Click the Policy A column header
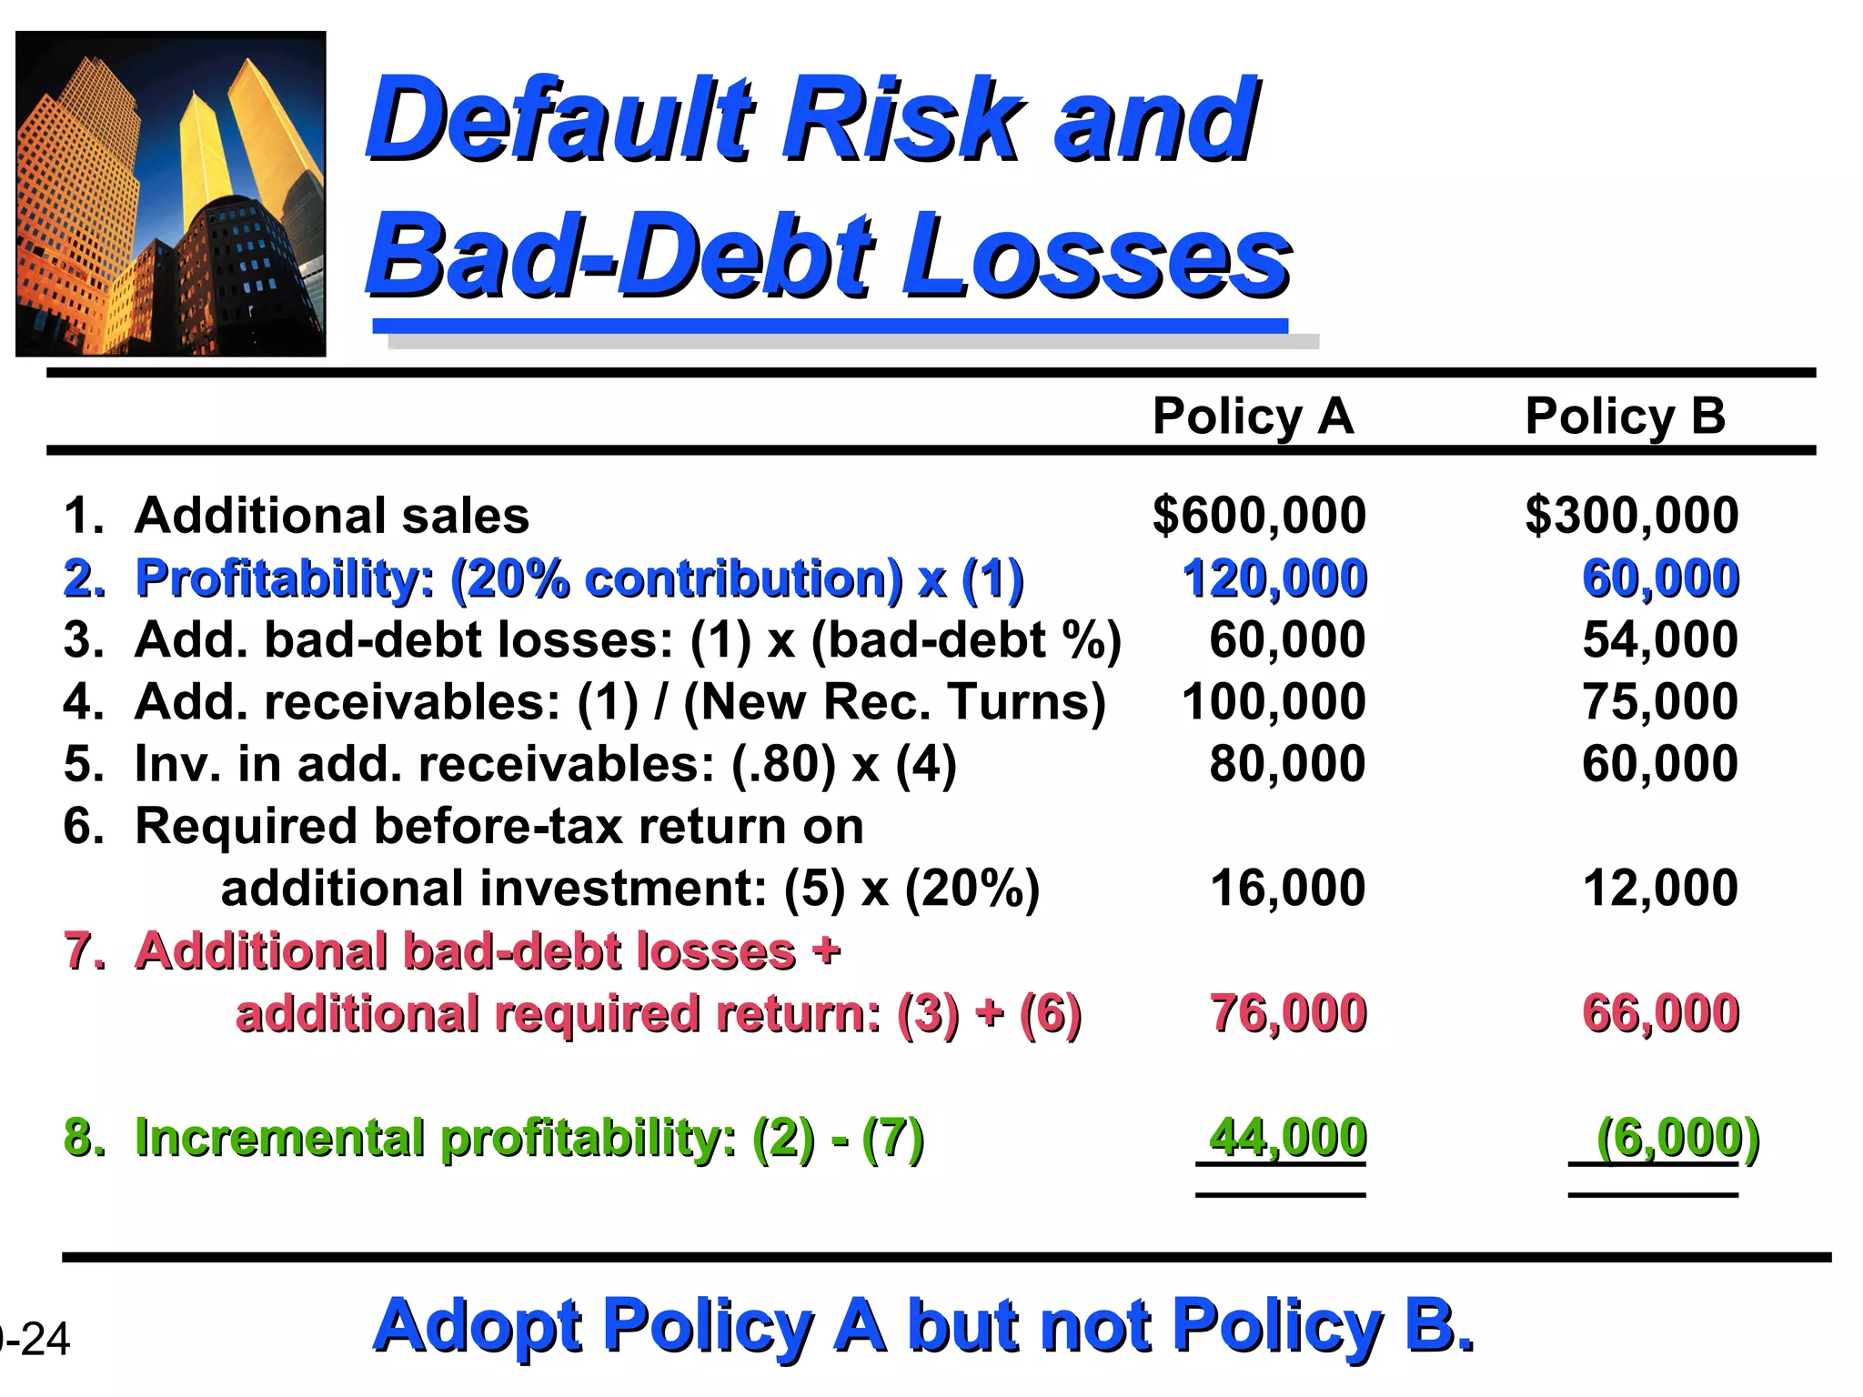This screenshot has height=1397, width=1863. [x=1253, y=417]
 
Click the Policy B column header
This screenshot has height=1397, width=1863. [x=1625, y=417]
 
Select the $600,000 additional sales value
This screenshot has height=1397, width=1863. [x=1259, y=515]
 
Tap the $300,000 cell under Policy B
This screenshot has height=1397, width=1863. [x=1632, y=515]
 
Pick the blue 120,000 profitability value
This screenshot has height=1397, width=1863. [x=1274, y=578]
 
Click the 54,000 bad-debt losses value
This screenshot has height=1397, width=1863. [x=1660, y=639]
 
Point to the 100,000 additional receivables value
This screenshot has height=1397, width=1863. [x=1274, y=702]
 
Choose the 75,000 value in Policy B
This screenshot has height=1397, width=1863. [x=1660, y=702]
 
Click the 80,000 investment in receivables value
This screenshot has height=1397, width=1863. [x=1287, y=764]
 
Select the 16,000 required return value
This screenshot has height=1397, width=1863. [x=1287, y=888]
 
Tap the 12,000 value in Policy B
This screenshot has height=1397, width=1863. [x=1660, y=888]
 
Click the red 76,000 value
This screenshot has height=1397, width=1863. [x=1288, y=1013]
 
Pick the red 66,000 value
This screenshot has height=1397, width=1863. [x=1661, y=1013]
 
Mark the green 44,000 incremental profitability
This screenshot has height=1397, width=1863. [x=1287, y=1138]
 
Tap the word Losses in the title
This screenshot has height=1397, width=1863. [x=1095, y=256]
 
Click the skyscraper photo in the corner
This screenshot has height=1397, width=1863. [x=171, y=194]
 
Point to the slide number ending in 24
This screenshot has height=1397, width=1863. [x=36, y=1339]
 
